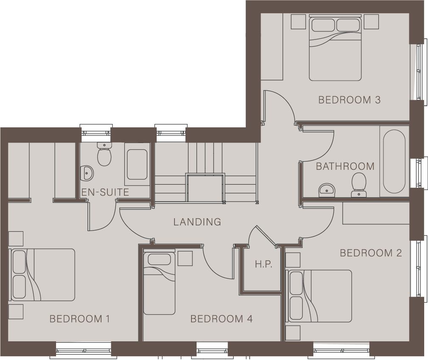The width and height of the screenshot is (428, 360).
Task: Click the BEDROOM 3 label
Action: pyautogui.click(x=349, y=100)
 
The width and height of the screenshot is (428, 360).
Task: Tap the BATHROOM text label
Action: pyautogui.click(x=345, y=166)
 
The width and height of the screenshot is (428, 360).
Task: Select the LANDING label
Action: pyautogui.click(x=197, y=222)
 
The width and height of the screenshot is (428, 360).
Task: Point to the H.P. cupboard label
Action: pyautogui.click(x=263, y=264)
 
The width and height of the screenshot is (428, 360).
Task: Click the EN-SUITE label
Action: pyautogui.click(x=105, y=192)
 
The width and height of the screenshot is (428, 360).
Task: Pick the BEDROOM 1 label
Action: pyautogui.click(x=80, y=319)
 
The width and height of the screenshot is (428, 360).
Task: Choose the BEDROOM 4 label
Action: pyautogui.click(x=221, y=319)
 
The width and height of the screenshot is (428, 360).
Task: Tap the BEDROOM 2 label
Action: pyautogui.click(x=371, y=253)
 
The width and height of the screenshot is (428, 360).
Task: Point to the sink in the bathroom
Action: pyautogui.click(x=327, y=190)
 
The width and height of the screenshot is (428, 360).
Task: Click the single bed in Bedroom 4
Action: pyautogui.click(x=159, y=283)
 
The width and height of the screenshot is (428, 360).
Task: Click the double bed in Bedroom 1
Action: pyautogui.click(x=42, y=275)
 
